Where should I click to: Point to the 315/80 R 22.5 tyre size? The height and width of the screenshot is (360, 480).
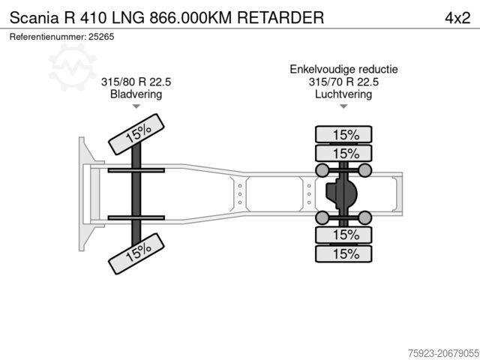tap(136, 82)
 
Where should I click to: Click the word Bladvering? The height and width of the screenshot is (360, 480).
tap(136, 94)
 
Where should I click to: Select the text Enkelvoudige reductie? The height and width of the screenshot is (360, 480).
tap(344, 69)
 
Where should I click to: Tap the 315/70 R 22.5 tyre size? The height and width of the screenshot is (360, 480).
tap(344, 82)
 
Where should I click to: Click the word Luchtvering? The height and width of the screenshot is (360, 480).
tap(344, 94)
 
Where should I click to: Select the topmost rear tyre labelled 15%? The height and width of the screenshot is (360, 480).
tap(345, 135)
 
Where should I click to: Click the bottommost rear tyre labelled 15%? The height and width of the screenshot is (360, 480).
tap(345, 254)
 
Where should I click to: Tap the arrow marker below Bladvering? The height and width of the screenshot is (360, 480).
tap(136, 107)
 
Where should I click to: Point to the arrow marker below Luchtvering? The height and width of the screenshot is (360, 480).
tap(343, 107)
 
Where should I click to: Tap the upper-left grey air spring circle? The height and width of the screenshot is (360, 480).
tap(321, 171)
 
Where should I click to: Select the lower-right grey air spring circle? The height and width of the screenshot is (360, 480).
tap(364, 218)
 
